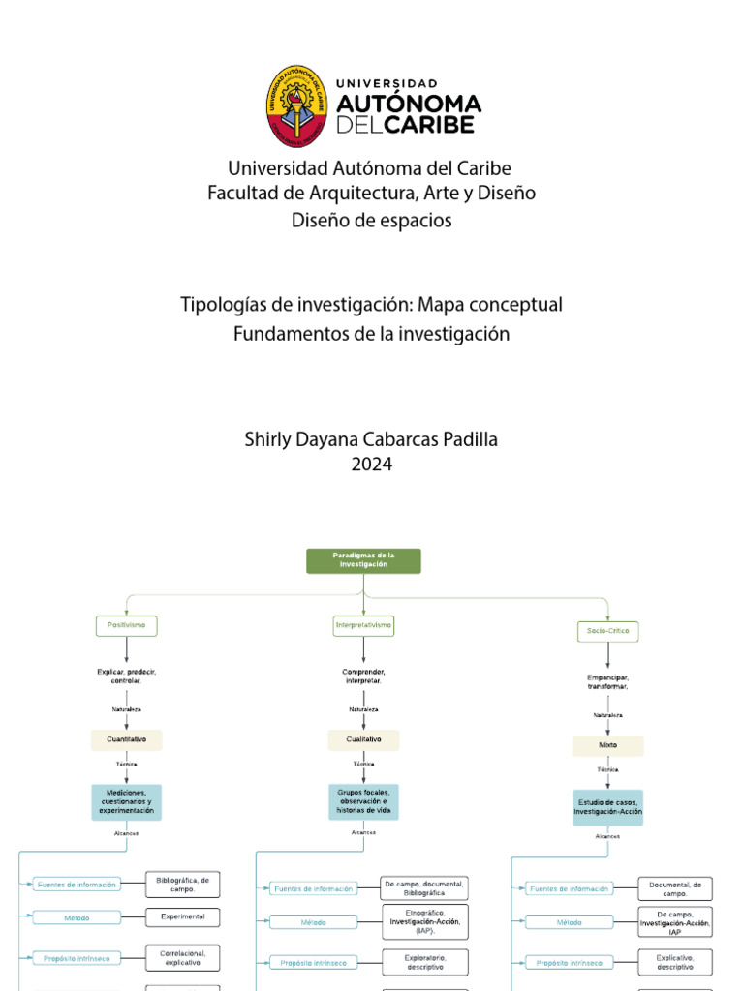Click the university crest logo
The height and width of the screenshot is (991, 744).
click(297, 106)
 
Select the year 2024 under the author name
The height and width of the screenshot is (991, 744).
click(371, 465)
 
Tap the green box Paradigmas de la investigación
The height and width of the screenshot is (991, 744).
click(363, 560)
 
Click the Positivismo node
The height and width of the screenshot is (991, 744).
click(126, 626)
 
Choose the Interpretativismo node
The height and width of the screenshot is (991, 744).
click(363, 626)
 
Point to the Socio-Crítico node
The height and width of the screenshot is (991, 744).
click(608, 631)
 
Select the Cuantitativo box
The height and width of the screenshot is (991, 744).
click(126, 740)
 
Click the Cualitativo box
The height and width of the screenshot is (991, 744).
click(363, 740)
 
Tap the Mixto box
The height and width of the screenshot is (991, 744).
click(607, 746)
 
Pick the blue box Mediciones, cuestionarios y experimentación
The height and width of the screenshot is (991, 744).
click(126, 802)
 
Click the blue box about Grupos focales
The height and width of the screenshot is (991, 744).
click(363, 802)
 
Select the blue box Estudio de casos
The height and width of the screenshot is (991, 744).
click(607, 808)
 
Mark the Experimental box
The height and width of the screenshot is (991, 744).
click(182, 916)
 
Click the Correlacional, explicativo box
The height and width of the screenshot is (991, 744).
click(182, 958)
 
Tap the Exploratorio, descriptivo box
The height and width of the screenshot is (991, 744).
click(425, 962)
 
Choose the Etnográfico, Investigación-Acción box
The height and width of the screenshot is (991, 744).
click(425, 922)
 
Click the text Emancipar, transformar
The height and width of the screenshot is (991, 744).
click(607, 682)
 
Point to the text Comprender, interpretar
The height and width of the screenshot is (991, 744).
click(363, 676)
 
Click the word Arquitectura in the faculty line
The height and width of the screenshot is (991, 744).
click(370, 194)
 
